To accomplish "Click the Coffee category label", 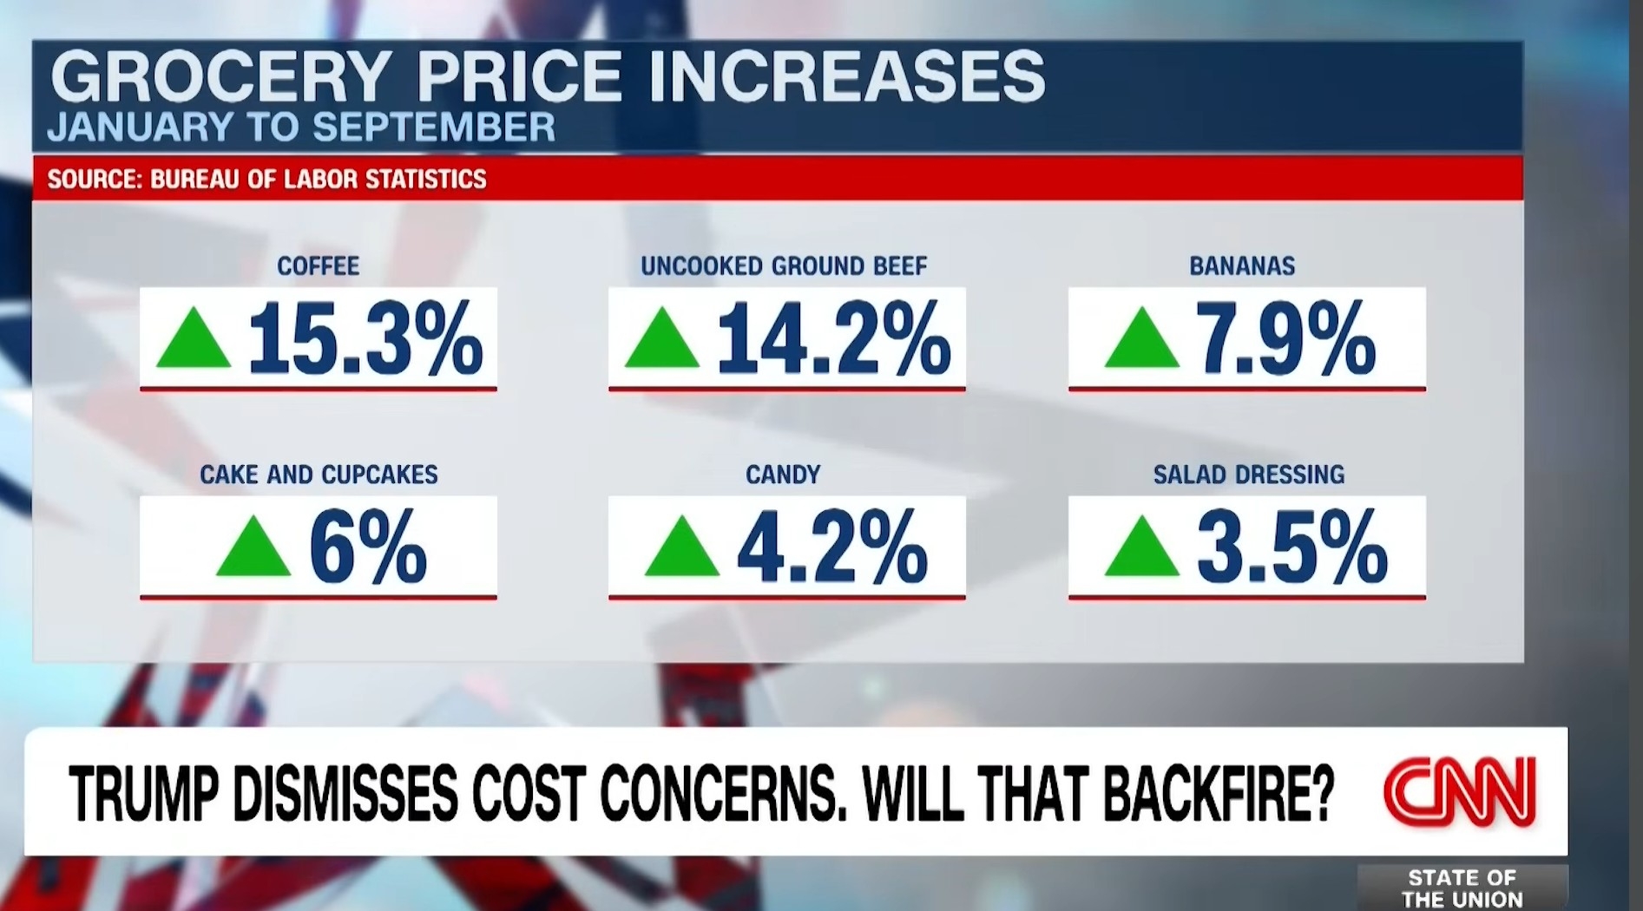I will pos(318,265).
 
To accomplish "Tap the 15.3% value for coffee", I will pos(365,338).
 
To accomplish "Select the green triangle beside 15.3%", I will pos(194,340).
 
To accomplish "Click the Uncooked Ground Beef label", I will pos(784,265).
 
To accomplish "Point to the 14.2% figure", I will pos(833,338).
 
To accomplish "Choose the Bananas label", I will pos(1242,265).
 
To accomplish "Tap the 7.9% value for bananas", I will pos(1285,338).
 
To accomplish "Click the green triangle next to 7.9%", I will pos(1141,340).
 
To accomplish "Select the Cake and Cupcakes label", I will pos(319,475).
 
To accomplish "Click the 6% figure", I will pos(368,547).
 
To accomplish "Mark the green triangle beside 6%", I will pos(253,548).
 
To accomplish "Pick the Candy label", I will pos(783,475).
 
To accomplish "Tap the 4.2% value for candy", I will pos(832,547).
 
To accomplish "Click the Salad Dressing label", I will pos(1248,475).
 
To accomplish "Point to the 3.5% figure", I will pos(1291,547).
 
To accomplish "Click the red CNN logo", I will pos(1460,792).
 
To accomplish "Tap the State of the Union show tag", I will pos(1462,888).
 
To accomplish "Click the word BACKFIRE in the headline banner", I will pos(1218,793).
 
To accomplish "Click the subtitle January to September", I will pos(301,128).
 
